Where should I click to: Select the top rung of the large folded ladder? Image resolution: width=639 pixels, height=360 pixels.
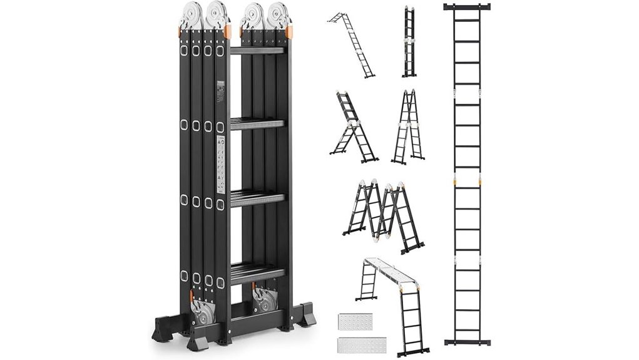click(x=257, y=50)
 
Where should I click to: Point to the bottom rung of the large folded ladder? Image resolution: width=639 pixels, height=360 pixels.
click(x=257, y=272)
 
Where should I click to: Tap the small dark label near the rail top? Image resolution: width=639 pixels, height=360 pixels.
click(x=220, y=91)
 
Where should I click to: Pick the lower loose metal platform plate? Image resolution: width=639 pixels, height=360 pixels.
click(x=361, y=344)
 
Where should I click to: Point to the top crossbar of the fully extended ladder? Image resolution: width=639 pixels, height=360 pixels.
click(x=466, y=7)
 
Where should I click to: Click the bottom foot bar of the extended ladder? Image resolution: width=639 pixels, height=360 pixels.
click(x=466, y=342)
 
